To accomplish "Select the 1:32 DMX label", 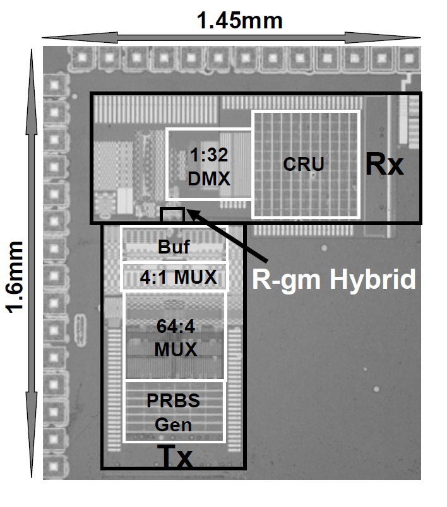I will [208, 165].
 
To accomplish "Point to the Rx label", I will [384, 165].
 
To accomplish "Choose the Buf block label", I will [173, 248].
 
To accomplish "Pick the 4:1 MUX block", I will [174, 277].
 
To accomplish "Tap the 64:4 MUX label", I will [175, 337].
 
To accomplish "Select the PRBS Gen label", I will [174, 412].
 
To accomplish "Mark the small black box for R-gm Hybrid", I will [172, 214].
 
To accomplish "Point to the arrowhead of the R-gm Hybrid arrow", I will [189, 215].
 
